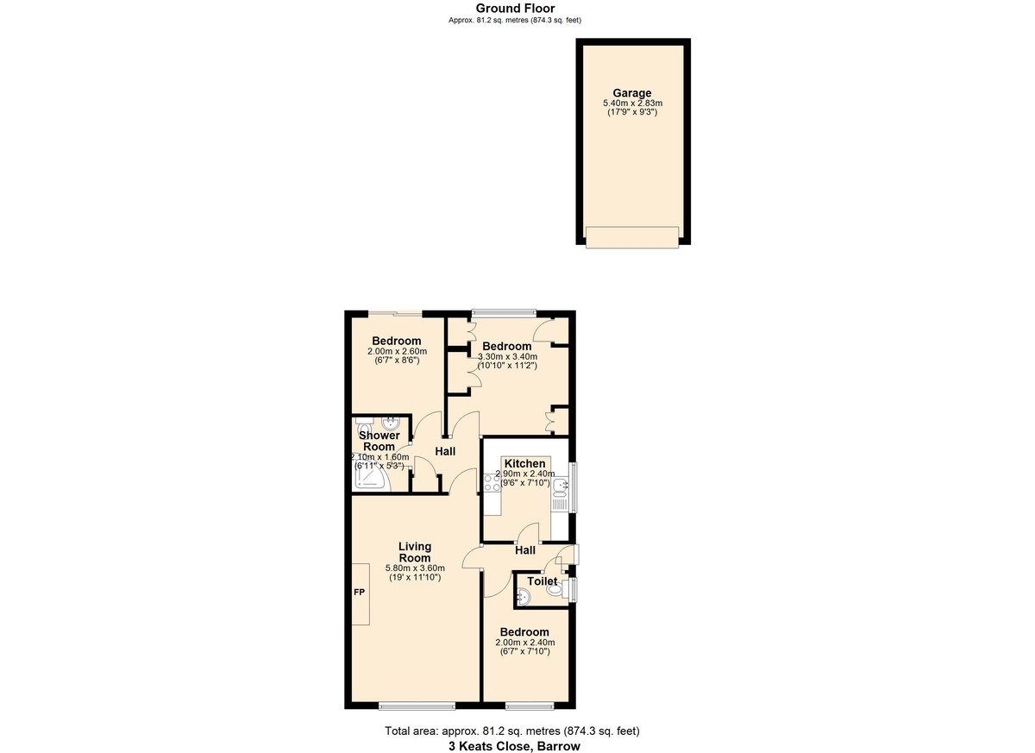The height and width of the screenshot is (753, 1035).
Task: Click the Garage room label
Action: coord(631,93)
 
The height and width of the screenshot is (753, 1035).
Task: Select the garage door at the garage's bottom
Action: coord(632,237)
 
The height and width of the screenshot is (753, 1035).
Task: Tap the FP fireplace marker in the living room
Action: coord(359,593)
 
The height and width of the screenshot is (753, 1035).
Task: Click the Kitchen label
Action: coord(524,463)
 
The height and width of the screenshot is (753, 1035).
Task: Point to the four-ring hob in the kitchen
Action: coord(492,483)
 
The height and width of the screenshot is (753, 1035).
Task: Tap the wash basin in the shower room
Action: coord(391,424)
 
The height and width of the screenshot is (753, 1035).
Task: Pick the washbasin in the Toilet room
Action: coord(524,594)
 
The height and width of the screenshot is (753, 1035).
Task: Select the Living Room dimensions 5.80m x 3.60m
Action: coord(414,568)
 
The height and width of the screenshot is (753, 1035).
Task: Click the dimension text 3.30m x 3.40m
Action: coord(508,356)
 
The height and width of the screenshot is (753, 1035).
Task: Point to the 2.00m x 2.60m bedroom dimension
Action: coord(397,351)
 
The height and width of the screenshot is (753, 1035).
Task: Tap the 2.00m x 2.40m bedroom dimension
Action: coord(524,643)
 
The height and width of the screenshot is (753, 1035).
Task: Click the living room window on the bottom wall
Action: coord(411,706)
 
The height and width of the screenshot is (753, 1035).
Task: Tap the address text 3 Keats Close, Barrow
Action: coord(514,746)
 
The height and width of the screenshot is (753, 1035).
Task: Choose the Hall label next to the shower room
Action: coord(445,451)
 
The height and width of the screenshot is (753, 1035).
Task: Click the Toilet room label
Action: coord(542,581)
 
